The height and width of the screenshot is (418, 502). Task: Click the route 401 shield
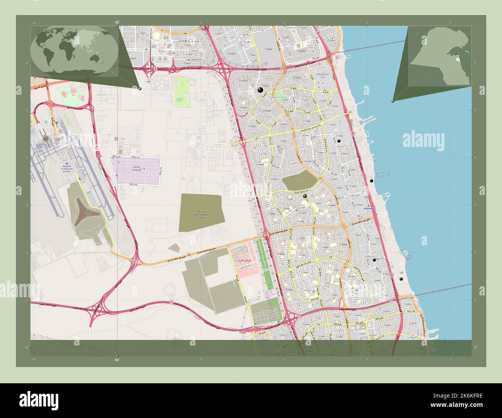(149, 82)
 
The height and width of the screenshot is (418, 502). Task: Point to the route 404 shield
(180, 34)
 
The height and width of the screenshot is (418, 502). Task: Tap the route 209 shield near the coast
(411, 298)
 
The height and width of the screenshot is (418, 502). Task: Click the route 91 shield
(293, 128)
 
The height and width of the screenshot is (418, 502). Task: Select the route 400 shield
(173, 53)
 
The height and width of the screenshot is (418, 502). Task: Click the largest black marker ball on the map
(260, 90)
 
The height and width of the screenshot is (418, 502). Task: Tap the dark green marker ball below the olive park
(305, 196)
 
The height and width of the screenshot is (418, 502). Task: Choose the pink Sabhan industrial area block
(136, 170)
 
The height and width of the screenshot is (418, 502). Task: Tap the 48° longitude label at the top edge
(117, 23)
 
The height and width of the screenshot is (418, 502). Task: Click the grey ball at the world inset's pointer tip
(140, 89)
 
